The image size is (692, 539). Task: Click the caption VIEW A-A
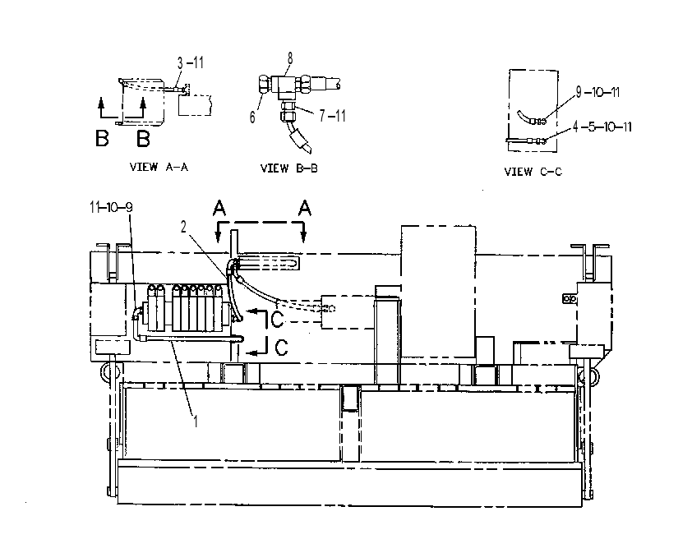(x=159, y=167)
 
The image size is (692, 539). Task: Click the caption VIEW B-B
(x=289, y=168)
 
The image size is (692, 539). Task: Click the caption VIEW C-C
(x=533, y=172)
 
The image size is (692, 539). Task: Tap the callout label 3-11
(x=191, y=63)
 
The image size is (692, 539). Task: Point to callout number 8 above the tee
(x=290, y=58)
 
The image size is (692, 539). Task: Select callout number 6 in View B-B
(x=252, y=117)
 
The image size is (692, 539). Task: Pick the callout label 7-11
(x=332, y=116)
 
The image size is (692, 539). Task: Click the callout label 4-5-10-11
(x=602, y=127)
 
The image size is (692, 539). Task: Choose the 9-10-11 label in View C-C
(x=598, y=92)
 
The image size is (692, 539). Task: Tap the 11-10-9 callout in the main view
(x=111, y=207)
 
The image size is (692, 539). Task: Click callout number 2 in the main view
(x=183, y=227)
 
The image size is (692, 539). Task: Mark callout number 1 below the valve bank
(x=196, y=422)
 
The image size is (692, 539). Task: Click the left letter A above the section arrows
(x=219, y=208)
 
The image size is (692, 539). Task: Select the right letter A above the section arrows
(x=305, y=208)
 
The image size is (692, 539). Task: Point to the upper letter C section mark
(x=277, y=320)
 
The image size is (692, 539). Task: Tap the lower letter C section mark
(x=282, y=347)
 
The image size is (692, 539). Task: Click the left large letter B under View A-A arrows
(x=102, y=139)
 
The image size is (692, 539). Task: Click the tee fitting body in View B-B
(x=285, y=86)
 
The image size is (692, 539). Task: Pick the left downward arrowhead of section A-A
(x=218, y=237)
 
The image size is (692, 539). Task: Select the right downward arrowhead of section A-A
(x=303, y=237)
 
